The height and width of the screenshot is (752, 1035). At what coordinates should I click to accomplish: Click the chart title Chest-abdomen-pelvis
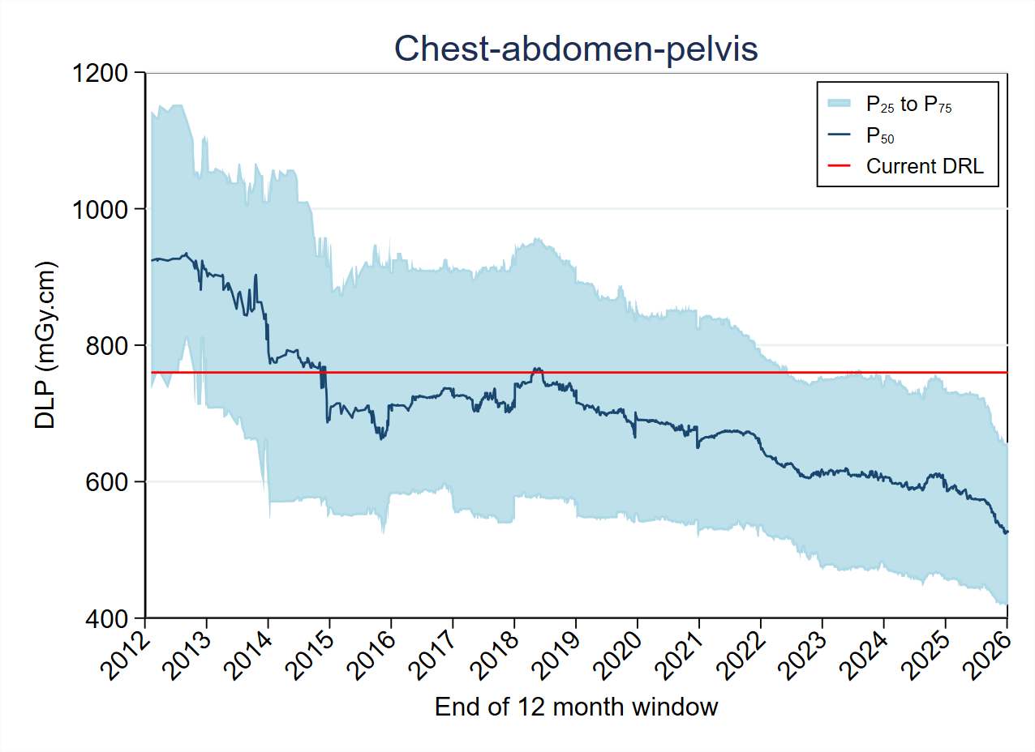coord(576,49)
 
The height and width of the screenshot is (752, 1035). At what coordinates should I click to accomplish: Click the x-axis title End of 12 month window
coord(576,707)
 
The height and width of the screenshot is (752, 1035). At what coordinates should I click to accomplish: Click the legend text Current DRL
coord(925,166)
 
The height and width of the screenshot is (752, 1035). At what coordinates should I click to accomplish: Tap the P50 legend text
coord(880,135)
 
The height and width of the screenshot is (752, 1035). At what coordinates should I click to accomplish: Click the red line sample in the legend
coord(840,165)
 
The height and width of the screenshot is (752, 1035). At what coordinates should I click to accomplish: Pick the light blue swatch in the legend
coord(840,103)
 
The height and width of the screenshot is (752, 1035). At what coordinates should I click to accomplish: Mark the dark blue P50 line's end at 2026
coord(1007,532)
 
